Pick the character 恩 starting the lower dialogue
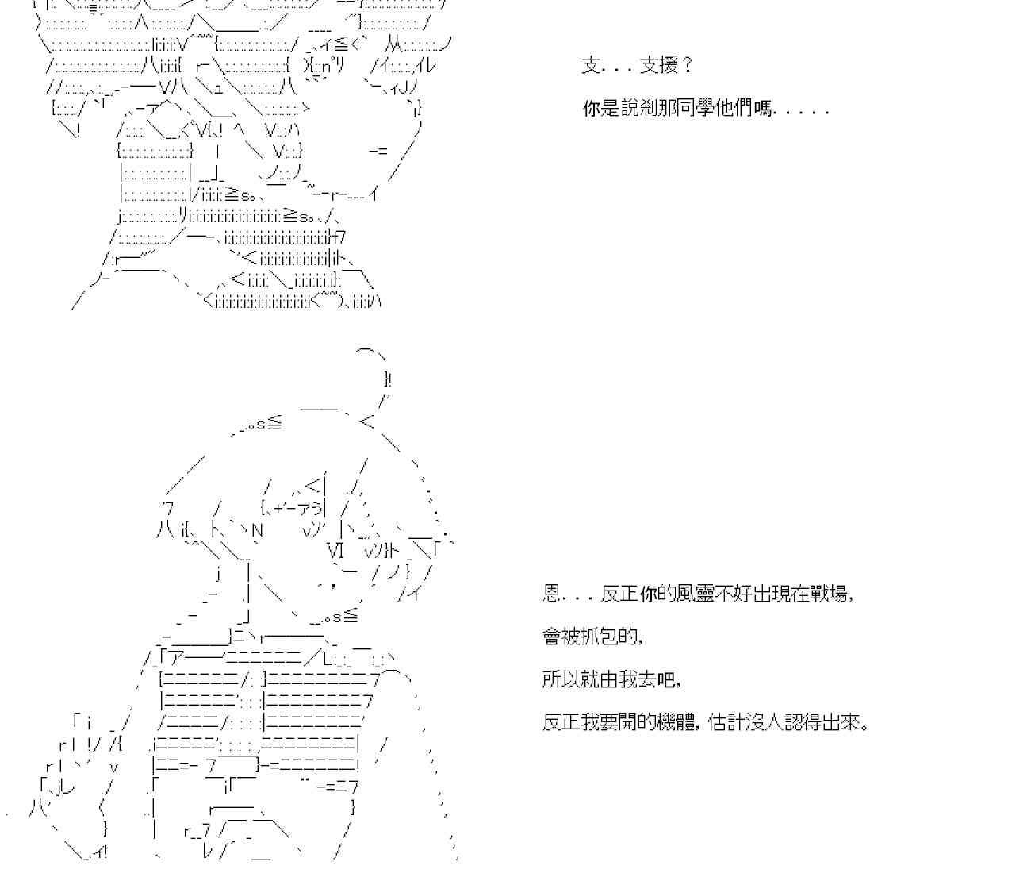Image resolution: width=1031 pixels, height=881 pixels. point(552,594)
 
